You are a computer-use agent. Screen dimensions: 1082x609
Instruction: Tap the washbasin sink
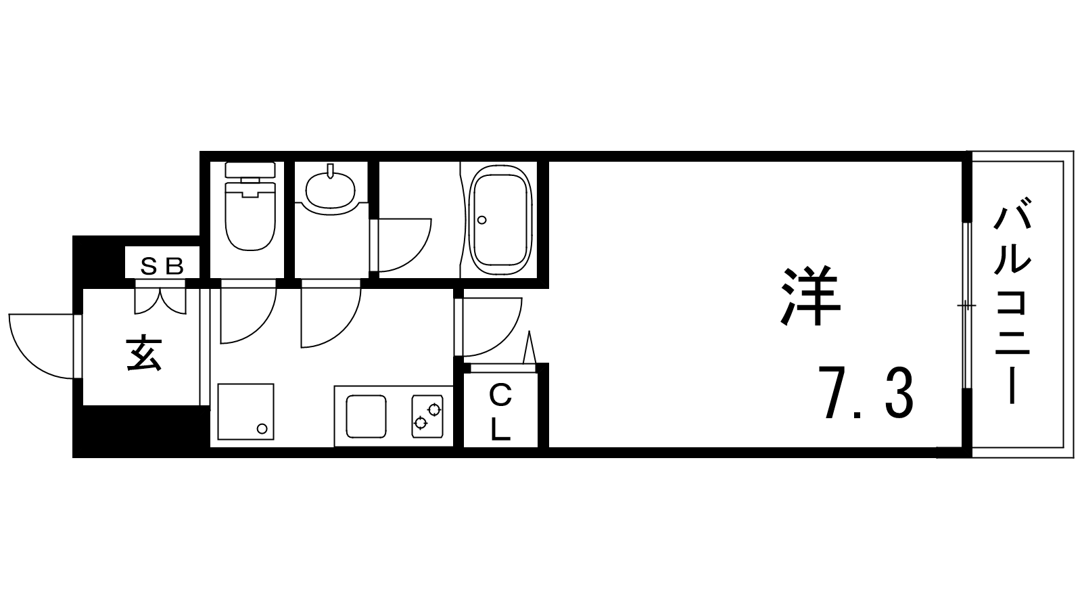coord(331,191)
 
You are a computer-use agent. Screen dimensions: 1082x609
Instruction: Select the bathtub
coord(501,221)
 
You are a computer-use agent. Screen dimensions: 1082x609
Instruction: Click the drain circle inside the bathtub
coord(481,220)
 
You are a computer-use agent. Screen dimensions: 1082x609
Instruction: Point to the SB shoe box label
coord(162,266)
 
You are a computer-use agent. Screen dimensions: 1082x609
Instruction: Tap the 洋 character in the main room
coord(811,296)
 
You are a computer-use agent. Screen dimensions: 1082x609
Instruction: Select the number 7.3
coord(866,392)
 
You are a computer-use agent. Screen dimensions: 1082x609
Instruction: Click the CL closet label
coord(501,412)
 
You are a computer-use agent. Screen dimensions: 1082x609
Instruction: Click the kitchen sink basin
coord(367,417)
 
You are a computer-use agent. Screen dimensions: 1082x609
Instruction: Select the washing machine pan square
coord(246,412)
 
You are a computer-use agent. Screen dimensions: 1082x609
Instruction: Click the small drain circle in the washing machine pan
coord(262,429)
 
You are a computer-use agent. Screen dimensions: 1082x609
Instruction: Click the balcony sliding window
coord(966,305)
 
